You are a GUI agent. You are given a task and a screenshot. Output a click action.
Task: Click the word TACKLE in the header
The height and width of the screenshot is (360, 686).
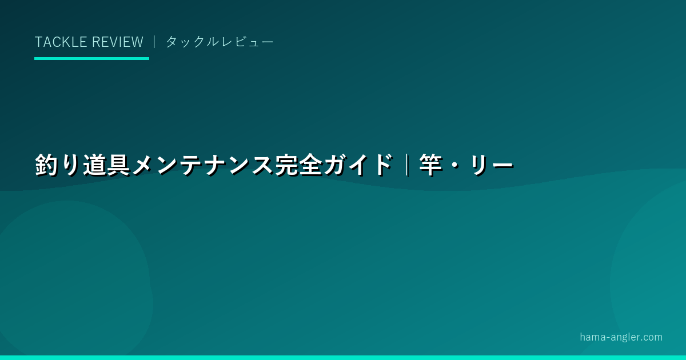point(61,42)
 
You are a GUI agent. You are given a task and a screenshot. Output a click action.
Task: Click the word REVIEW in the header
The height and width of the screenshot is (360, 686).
point(118,42)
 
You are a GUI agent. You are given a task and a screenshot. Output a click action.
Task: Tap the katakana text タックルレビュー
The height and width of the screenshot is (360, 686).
point(220,42)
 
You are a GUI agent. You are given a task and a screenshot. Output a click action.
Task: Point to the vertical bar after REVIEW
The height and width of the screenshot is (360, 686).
point(154,42)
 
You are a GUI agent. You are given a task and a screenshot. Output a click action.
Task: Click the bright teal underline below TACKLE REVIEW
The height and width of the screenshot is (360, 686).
point(91,58)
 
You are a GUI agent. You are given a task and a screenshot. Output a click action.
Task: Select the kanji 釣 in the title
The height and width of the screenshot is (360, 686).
point(46,165)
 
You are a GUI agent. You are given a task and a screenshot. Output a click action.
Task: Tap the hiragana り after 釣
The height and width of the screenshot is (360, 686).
point(71,165)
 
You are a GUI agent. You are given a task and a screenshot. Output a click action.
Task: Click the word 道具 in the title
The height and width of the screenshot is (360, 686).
point(106,165)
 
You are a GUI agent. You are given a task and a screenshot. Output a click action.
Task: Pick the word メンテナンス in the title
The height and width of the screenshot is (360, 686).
point(202,165)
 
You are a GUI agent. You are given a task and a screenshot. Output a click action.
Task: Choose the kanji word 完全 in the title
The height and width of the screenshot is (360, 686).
point(299,165)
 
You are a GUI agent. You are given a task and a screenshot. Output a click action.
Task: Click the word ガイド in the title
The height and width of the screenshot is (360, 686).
point(358,165)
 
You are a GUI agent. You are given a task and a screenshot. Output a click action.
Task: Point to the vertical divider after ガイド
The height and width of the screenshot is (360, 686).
point(407,165)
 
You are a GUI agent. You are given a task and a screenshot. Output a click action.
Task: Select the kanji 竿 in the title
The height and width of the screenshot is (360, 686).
point(431,165)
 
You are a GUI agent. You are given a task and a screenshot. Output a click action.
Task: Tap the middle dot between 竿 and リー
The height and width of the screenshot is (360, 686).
point(455,165)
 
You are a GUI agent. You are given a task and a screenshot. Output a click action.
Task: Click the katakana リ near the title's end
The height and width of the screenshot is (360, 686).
point(478,165)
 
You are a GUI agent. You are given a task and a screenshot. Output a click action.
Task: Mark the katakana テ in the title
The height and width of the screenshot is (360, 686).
point(191,165)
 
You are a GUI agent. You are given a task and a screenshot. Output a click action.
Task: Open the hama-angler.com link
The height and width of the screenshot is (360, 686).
point(621,337)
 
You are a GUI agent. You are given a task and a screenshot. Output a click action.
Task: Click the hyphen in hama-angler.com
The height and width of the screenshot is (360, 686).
point(608,338)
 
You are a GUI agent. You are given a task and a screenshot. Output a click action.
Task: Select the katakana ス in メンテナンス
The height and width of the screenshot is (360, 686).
point(262,165)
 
